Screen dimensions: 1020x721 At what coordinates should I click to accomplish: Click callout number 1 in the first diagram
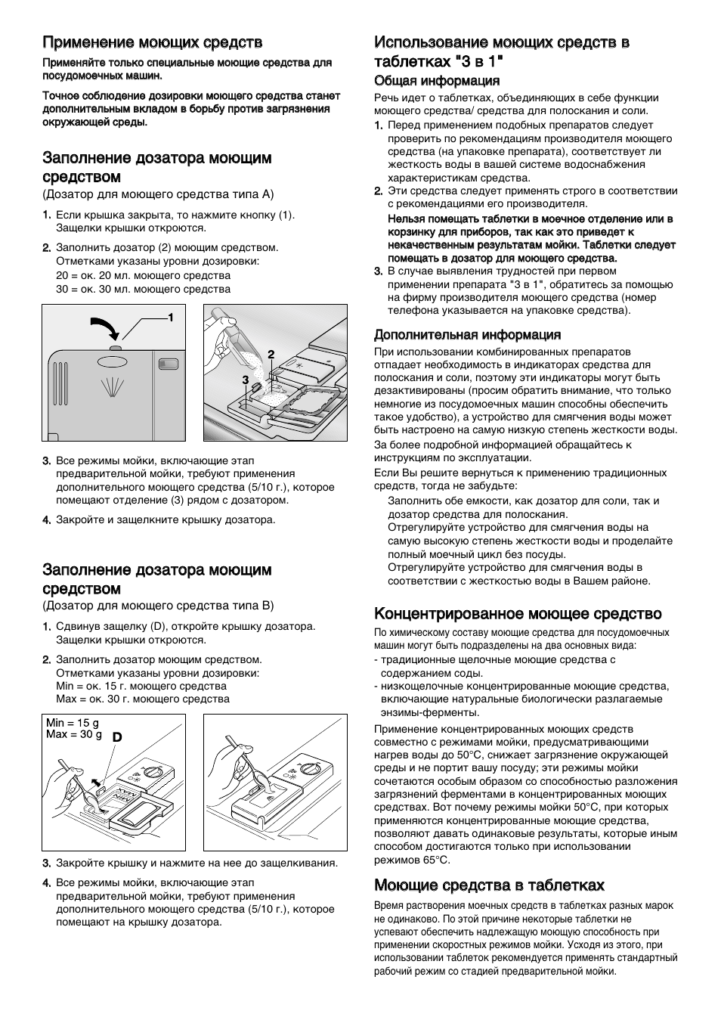(171, 317)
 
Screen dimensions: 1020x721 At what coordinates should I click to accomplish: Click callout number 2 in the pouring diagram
(270, 354)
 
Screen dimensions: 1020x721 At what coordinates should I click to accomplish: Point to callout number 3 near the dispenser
(245, 379)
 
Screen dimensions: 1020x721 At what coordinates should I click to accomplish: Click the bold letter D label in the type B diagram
(117, 736)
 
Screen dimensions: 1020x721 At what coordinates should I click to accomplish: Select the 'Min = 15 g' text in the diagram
(73, 724)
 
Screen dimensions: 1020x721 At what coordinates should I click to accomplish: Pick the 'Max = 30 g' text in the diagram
(73, 734)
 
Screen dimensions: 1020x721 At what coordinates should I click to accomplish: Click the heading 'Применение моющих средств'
(152, 42)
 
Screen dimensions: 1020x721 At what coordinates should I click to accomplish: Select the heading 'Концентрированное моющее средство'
(518, 613)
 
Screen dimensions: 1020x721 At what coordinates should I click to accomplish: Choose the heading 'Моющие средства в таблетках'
(489, 885)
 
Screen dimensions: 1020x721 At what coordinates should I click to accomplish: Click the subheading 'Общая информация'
(437, 81)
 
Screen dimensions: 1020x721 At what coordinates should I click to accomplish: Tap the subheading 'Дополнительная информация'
(467, 334)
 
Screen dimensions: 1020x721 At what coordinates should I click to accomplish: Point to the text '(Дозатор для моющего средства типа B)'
(158, 606)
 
